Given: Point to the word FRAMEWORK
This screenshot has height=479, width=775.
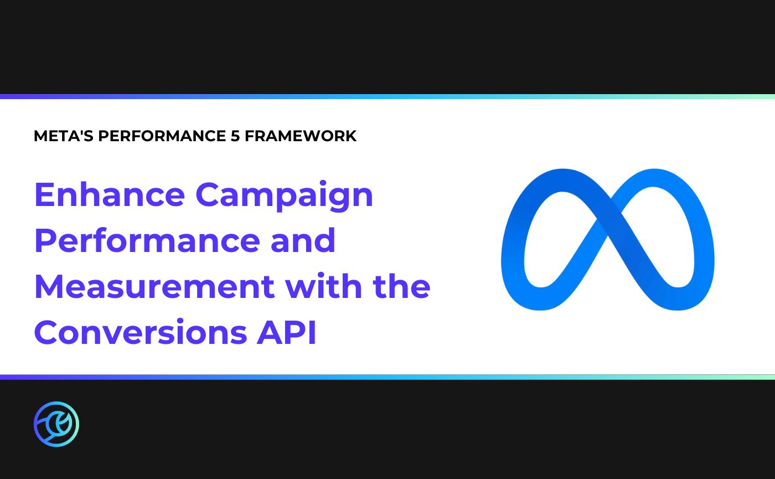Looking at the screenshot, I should click(301, 136).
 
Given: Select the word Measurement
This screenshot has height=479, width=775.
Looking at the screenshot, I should click(154, 286).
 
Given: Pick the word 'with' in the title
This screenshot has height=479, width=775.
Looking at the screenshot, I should click(323, 286).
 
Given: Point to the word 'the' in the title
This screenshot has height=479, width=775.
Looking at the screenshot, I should click(401, 286).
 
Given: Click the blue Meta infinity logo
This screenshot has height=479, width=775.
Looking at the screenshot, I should click(607, 239).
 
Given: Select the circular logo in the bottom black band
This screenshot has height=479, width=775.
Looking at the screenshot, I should click(56, 424).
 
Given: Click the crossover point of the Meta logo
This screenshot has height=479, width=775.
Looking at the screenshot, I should click(607, 230).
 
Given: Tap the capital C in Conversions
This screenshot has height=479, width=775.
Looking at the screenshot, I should click(46, 332).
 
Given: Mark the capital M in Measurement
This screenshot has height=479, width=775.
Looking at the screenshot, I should click(48, 286).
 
